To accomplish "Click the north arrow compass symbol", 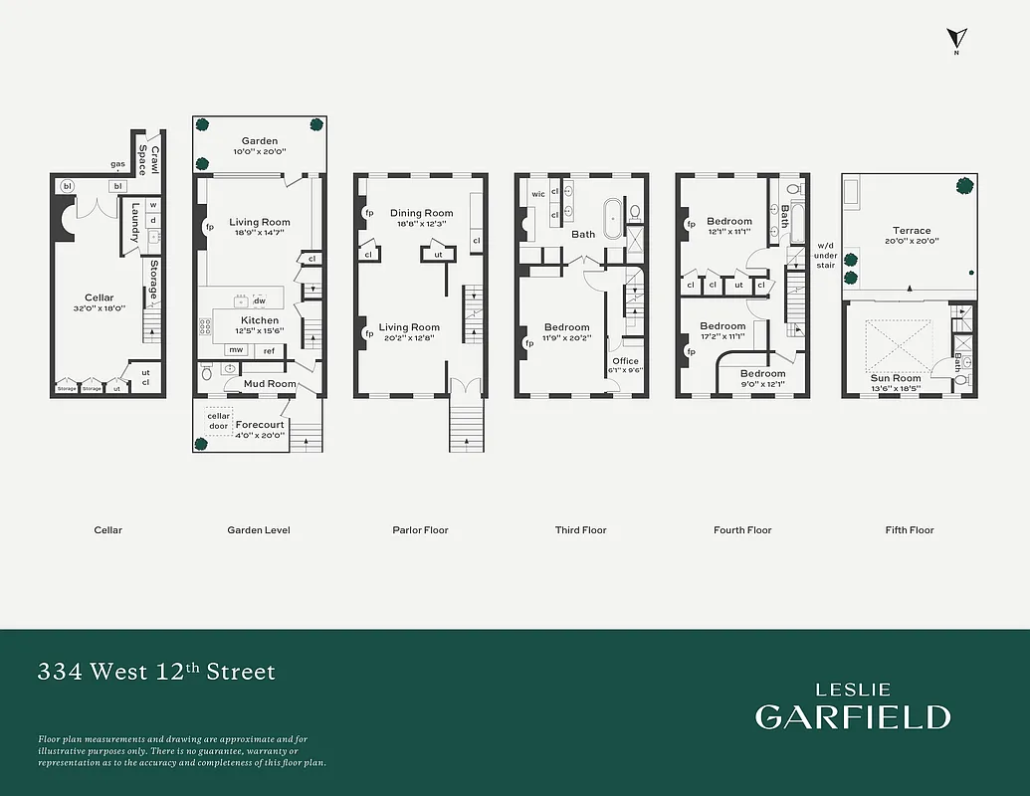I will pyautogui.click(x=956, y=39).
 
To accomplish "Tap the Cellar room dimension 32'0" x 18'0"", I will pyautogui.click(x=100, y=308).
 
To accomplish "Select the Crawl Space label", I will pyautogui.click(x=148, y=159).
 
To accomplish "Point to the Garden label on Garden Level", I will pyautogui.click(x=260, y=141).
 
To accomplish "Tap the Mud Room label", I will pyautogui.click(x=268, y=383).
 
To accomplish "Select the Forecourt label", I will pyautogui.click(x=260, y=425).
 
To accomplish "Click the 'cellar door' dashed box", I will pyautogui.click(x=219, y=422).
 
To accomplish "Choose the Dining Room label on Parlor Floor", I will pyautogui.click(x=421, y=213).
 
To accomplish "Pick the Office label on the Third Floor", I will pyautogui.click(x=625, y=361).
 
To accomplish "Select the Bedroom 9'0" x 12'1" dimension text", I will pyautogui.click(x=762, y=384).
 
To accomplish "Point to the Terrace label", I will pyautogui.click(x=912, y=231).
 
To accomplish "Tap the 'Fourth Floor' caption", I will pyautogui.click(x=742, y=530).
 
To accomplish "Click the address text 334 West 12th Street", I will pyautogui.click(x=156, y=672).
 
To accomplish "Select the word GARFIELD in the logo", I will pyautogui.click(x=852, y=716).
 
